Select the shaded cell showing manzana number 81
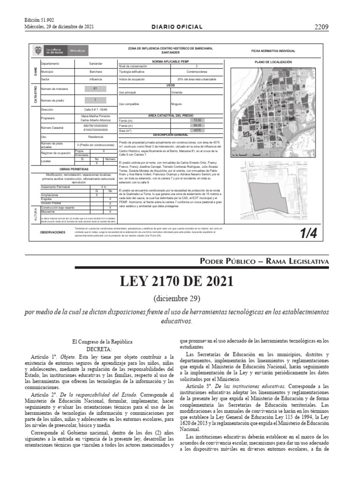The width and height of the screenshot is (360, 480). click(x=95, y=88)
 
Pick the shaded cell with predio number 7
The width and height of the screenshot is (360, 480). click(x=95, y=100)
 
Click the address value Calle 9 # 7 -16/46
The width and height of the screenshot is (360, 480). click(x=95, y=109)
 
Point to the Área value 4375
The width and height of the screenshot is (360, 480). click(x=197, y=130)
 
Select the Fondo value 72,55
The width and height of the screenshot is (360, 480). click(x=197, y=121)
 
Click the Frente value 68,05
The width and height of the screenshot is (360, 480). click(x=197, y=126)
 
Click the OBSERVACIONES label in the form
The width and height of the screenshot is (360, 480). click(x=52, y=232)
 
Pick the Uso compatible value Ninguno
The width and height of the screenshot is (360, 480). click(x=176, y=104)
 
